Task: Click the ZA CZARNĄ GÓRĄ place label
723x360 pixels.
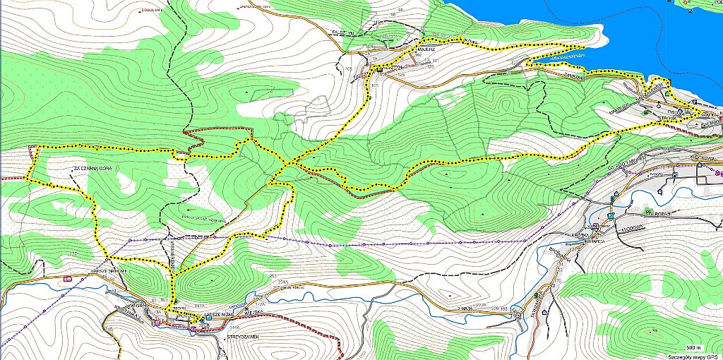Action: click(x=88, y=167)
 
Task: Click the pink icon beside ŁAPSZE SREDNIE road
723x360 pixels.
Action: click(x=68, y=279)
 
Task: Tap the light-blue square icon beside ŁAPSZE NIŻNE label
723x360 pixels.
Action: click(x=202, y=319)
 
